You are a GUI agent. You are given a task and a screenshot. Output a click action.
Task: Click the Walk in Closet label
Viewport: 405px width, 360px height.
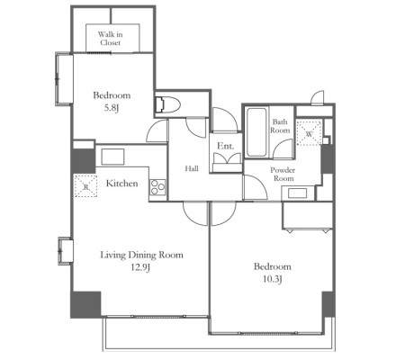(110, 39)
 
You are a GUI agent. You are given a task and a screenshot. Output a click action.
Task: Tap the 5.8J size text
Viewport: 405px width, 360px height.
(112, 108)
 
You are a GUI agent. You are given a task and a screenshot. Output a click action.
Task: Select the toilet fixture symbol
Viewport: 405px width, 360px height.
(167, 104)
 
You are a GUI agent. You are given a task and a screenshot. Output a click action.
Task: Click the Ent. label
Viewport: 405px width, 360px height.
(226, 146)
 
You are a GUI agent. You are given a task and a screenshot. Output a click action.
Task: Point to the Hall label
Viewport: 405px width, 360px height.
(192, 168)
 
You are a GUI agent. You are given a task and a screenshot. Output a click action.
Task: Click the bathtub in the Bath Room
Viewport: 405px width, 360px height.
(256, 132)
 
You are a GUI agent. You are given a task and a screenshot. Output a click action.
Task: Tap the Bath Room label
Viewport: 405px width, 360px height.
(280, 126)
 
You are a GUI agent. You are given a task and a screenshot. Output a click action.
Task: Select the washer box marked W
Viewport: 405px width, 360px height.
(310, 132)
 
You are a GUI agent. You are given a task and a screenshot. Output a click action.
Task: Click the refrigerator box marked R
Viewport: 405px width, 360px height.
(85, 186)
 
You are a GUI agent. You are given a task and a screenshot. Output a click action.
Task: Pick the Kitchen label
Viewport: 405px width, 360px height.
(122, 184)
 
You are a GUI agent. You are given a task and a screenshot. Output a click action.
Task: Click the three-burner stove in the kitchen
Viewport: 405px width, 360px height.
(157, 187)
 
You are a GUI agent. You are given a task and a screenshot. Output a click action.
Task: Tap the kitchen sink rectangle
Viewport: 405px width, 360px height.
(112, 157)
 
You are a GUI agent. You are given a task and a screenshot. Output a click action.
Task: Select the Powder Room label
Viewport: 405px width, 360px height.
(283, 175)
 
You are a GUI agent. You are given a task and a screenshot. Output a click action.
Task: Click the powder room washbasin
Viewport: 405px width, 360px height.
(298, 193)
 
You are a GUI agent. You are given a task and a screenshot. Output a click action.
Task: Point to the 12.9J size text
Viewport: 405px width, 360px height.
(139, 267)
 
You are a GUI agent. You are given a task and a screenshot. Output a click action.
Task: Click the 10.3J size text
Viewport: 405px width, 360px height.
(272, 279)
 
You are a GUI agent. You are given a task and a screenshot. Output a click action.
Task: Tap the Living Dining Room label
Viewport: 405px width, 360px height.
(141, 255)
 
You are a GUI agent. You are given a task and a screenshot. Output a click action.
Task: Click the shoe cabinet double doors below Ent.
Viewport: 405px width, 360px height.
(227, 158)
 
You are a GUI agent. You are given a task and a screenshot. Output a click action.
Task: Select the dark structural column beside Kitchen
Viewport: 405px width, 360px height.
(83, 160)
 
